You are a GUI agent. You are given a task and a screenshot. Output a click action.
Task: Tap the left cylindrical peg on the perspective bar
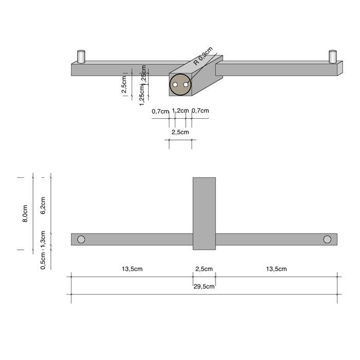pos(81,56)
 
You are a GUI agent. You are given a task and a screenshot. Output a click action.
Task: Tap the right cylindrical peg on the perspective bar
pos(333,56)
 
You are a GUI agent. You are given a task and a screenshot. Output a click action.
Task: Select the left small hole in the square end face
pos(175,84)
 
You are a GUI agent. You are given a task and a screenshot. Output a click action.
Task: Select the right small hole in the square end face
pos(186,84)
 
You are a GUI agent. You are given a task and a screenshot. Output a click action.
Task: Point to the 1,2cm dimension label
pos(180,111)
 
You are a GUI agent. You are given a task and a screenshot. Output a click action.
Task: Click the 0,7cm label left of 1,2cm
pos(160,111)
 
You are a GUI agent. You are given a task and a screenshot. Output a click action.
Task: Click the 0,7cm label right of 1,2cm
pos(200,111)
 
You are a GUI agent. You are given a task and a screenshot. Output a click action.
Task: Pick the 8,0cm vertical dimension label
pos(25,213)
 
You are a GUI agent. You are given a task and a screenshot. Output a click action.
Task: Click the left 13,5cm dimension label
pos(132,269)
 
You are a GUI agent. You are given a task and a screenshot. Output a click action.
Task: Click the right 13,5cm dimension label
pos(276,269)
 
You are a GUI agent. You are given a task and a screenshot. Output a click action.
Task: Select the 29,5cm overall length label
pos(204,286)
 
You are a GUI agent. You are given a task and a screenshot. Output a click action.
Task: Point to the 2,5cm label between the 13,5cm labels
pos(204,269)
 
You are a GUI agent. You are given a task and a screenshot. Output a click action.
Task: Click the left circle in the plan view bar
pos(81,239)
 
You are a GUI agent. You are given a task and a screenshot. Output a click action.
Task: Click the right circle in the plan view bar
pos(327,239)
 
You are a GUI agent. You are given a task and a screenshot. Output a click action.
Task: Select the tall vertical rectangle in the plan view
pos(204,213)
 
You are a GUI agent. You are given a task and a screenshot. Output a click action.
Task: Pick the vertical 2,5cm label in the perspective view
pos(124,85)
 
